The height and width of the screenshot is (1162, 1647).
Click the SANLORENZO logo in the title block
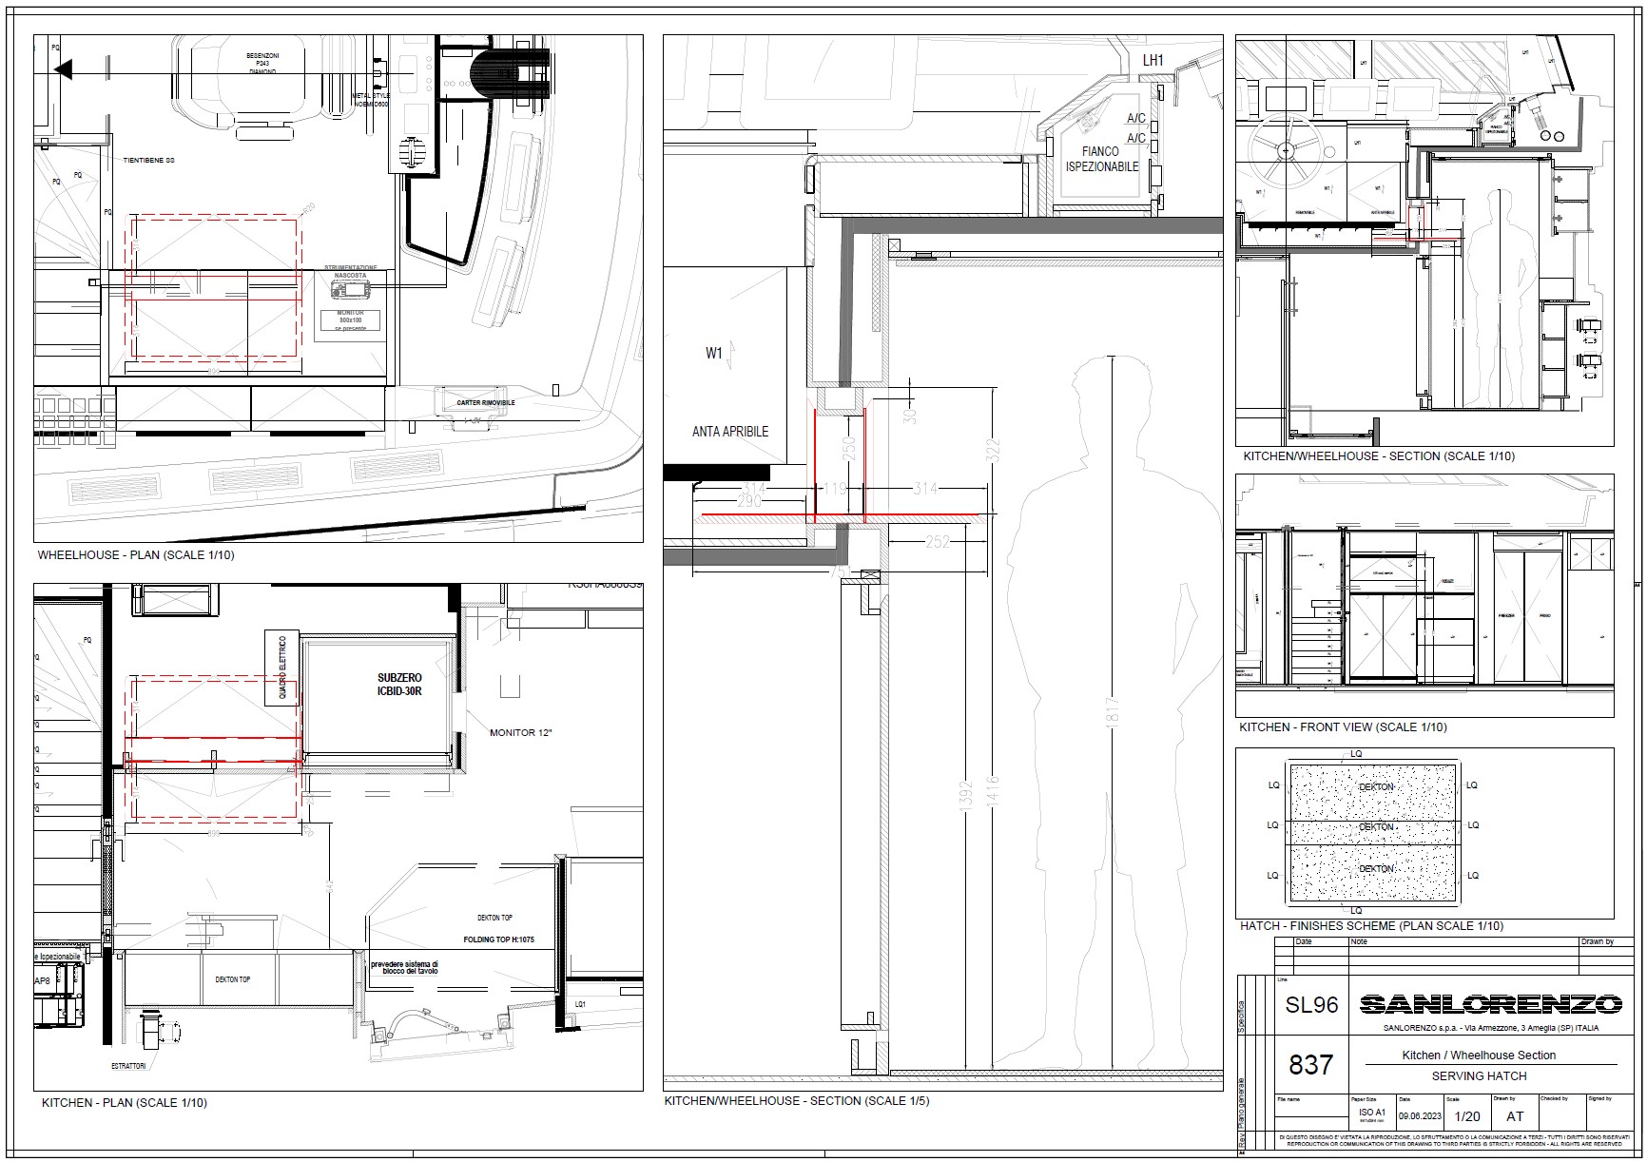coord(1490,1004)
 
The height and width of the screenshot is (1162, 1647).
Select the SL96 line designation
coord(1311,1005)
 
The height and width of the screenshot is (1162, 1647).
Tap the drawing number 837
coord(1310,1065)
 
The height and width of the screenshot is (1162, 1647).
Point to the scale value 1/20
coord(1467,1116)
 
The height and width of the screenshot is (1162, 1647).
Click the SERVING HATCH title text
coord(1479,1076)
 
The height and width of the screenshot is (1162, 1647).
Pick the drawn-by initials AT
coord(1515,1116)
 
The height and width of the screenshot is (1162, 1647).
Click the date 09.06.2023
coord(1420,1116)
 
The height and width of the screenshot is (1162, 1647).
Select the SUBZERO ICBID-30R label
coord(398,685)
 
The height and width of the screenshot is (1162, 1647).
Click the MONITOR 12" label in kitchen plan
coord(520,733)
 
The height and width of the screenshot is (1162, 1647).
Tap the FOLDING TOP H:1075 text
coord(498,939)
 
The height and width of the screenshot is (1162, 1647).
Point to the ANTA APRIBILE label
coord(729,432)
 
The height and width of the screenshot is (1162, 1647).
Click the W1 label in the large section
coord(714,354)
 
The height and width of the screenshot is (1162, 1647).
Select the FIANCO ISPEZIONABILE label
coord(1101,159)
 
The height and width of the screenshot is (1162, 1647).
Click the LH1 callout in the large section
coord(1153,61)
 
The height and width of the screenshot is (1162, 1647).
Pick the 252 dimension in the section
coord(938,541)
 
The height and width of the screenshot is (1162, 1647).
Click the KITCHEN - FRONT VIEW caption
coord(1343,727)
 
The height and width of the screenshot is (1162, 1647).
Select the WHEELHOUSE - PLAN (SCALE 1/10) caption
coord(135,555)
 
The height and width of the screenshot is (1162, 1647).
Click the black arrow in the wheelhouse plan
coord(64,69)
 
